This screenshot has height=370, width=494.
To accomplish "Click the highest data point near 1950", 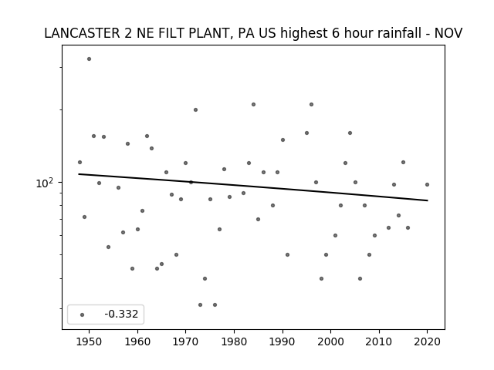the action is [x=90, y=59].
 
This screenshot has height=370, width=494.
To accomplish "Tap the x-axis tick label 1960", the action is [x=137, y=341].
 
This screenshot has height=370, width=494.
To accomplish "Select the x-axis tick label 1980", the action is [x=234, y=341].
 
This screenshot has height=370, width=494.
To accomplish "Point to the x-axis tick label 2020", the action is [x=427, y=341].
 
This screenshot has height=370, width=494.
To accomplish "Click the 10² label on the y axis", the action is [x=45, y=183].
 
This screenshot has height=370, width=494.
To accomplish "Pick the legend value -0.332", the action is [x=121, y=314].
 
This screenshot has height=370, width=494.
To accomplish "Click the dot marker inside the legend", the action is [x=83, y=314].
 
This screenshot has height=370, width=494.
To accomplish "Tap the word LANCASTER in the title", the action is [x=82, y=33].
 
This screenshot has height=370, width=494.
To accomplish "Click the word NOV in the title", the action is [x=448, y=33].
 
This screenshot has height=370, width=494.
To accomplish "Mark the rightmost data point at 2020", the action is [x=427, y=185].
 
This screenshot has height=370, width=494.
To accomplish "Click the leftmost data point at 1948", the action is [x=80, y=163].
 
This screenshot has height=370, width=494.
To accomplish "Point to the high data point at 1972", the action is [x=195, y=109].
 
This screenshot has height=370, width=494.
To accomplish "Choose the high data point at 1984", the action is [x=254, y=105].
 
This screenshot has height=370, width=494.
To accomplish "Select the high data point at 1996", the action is [x=311, y=105].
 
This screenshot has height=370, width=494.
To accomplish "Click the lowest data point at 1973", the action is [x=201, y=305].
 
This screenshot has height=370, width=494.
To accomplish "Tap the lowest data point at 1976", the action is [x=215, y=305].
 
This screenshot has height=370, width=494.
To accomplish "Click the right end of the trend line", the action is [x=428, y=200].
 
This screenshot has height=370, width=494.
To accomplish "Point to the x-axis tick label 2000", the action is [x=331, y=341].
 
